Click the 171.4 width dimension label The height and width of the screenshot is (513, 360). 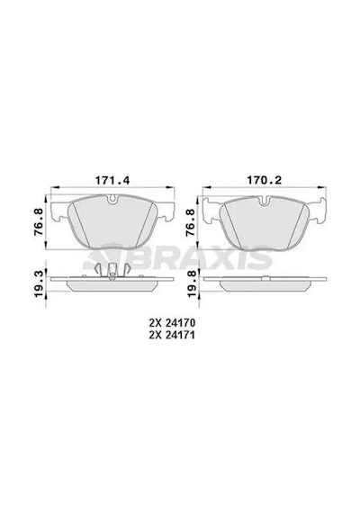(112, 180)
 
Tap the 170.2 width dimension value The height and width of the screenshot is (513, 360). (264, 180)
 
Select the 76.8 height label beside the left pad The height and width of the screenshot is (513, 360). (40, 223)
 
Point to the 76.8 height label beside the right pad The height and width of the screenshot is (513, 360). (191, 223)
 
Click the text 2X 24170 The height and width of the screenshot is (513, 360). (172, 323)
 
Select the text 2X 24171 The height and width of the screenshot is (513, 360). (172, 336)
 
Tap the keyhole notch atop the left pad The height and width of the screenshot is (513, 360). (112, 198)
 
